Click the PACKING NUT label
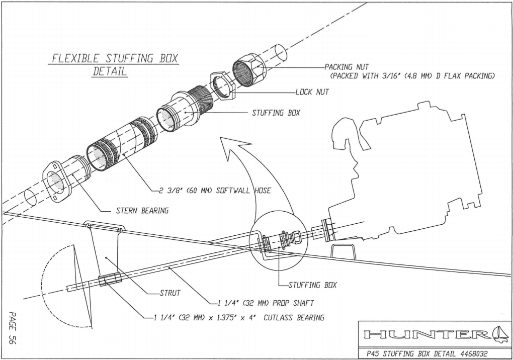(347, 67)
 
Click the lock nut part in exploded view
(222, 86)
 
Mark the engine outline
(402, 171)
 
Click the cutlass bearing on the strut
(110, 281)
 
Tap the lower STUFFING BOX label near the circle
(312, 285)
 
